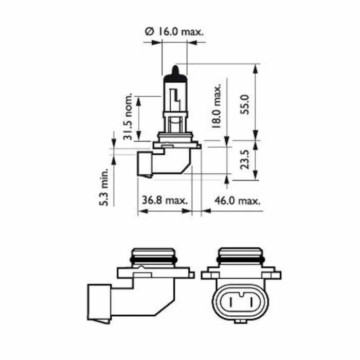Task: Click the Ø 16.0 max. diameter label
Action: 175,31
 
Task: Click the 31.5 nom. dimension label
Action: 129,117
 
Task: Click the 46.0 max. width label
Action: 237,200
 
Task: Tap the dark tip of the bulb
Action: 174,70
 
